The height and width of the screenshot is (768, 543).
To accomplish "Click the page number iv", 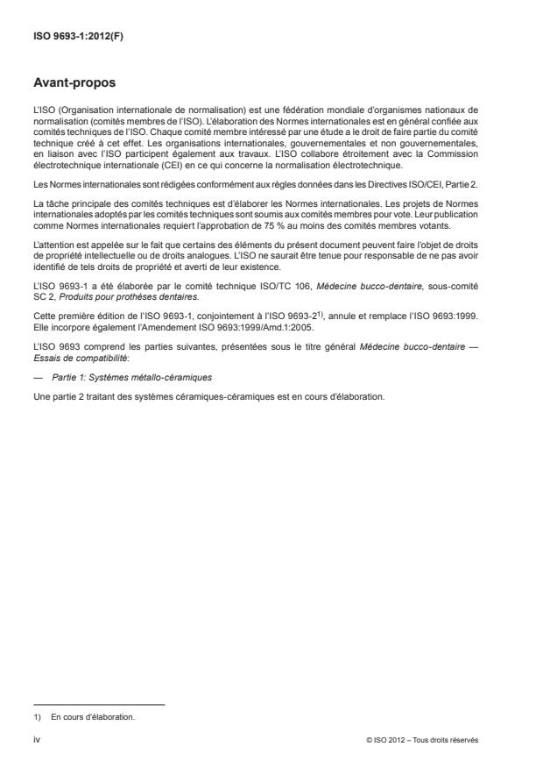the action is [37, 740].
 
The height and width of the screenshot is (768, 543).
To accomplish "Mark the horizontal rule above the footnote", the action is [98, 705].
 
